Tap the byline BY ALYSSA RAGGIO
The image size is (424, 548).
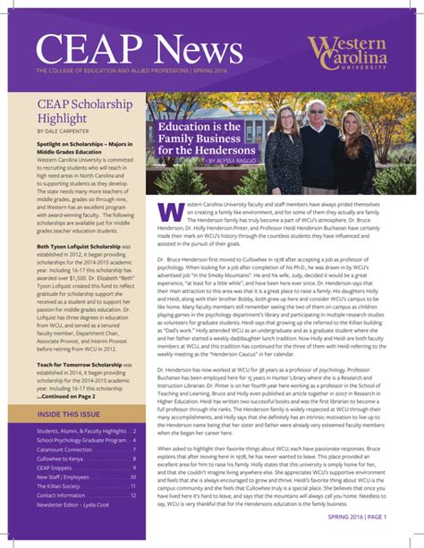click(212, 161)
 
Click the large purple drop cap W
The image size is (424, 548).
click(169, 213)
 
